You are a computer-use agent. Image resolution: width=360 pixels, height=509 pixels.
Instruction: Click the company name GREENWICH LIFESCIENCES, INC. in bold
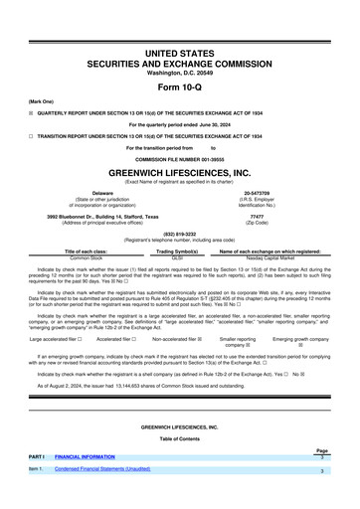(180, 170)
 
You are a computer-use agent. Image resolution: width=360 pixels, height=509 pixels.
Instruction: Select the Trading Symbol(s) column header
(180, 251)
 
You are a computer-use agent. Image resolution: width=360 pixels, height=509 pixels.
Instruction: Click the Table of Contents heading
(180, 437)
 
